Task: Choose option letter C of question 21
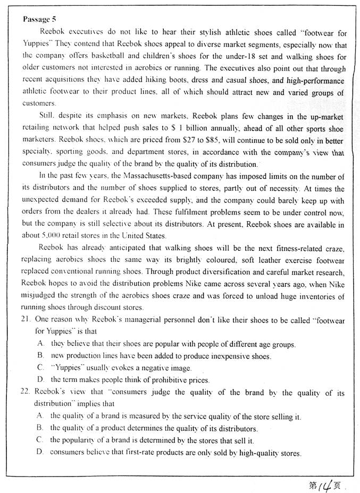pyautogui.click(x=40, y=368)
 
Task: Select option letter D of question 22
pyautogui.click(x=40, y=453)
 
